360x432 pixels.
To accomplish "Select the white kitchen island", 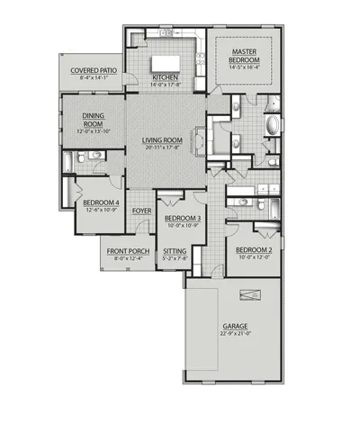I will click(166, 63).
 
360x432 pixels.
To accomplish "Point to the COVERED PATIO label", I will click(93, 69).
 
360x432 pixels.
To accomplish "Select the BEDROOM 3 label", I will click(183, 219).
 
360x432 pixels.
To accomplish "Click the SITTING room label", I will click(175, 251).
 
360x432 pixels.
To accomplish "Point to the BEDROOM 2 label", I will click(254, 249).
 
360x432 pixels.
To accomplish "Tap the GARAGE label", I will click(236, 326).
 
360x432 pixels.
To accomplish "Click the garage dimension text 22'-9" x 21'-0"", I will click(236, 334).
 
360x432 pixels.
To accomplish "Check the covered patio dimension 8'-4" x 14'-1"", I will click(93, 77).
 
